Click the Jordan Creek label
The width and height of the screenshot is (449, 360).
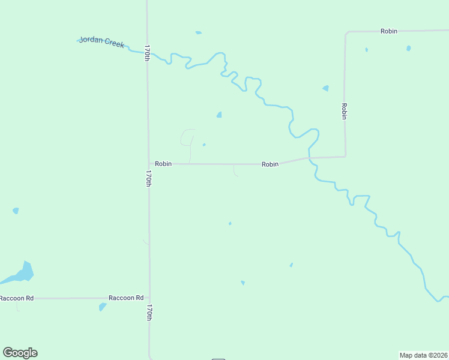coord(102,42)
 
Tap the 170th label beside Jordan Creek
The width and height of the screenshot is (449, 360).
coord(146,53)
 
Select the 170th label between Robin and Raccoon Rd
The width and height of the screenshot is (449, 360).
coord(148,178)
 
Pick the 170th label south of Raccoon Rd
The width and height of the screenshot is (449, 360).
coord(149,313)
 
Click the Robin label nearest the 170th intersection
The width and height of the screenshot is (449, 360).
coord(163,163)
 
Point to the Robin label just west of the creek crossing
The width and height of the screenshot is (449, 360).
coord(270,164)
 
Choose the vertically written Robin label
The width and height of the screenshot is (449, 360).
coord(344,111)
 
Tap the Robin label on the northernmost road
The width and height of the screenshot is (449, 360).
coord(389,31)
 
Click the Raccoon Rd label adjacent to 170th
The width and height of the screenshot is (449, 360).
coord(126,298)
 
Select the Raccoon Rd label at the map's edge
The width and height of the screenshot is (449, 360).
coord(17,298)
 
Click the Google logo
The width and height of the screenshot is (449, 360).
coord(20,353)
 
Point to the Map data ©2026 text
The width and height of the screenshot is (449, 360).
coord(423,355)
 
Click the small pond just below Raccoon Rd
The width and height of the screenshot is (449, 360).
coord(103,307)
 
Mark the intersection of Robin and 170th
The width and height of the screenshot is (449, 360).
coord(149,163)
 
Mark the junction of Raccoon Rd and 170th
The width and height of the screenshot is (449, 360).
coord(149,298)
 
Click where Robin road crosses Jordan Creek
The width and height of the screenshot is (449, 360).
coord(309,158)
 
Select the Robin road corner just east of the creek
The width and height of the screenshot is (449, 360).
coord(345,157)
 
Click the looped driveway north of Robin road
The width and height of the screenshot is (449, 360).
coord(187,138)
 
